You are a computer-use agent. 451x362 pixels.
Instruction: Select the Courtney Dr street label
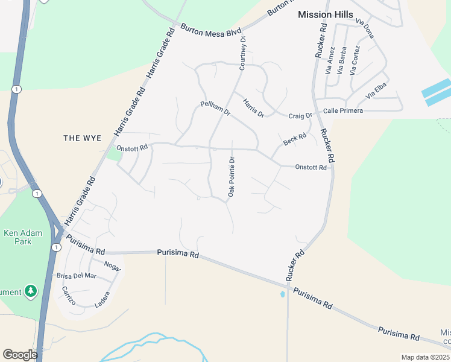(242, 53)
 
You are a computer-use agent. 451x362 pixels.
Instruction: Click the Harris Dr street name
(254, 107)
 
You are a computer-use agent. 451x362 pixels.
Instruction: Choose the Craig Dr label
(300, 116)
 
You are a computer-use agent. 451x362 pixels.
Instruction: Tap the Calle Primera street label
(343, 111)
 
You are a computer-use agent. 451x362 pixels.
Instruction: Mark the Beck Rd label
(295, 140)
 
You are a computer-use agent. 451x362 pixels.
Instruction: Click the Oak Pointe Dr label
(230, 176)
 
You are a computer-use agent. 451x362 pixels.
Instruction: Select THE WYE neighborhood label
(82, 138)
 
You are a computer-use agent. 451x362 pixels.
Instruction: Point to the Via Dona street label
(365, 28)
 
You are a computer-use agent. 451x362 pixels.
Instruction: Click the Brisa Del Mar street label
(76, 276)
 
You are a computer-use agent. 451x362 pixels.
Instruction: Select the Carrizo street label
(68, 296)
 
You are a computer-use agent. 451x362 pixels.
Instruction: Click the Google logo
(20, 355)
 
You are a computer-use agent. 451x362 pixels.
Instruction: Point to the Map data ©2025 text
(425, 357)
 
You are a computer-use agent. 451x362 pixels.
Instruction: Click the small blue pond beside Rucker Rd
(282, 294)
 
